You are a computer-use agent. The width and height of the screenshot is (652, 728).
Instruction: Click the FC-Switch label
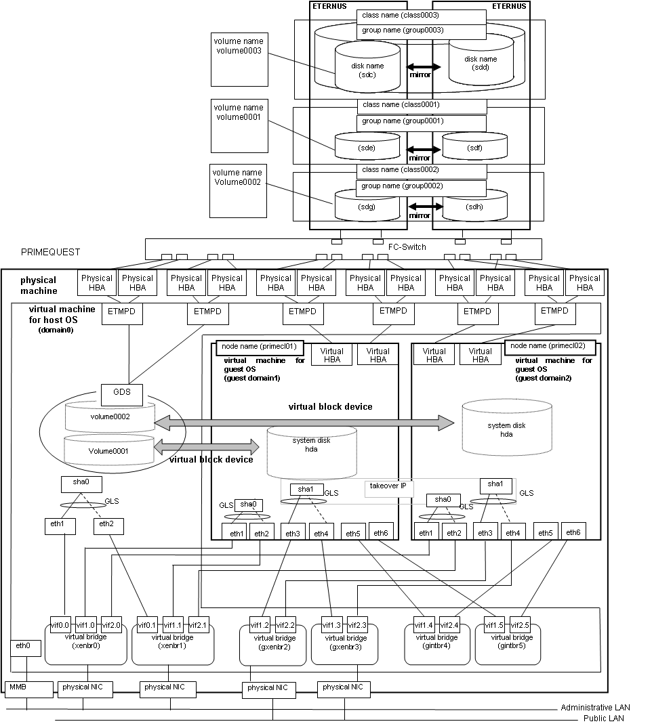pyautogui.click(x=407, y=247)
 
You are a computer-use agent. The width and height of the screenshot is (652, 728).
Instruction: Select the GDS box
pyautogui.click(x=122, y=395)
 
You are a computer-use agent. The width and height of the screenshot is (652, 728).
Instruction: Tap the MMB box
pyautogui.click(x=29, y=689)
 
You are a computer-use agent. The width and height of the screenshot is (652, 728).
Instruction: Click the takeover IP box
pyautogui.click(x=388, y=488)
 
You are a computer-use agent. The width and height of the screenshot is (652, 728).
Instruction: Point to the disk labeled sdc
pyautogui.click(x=367, y=66)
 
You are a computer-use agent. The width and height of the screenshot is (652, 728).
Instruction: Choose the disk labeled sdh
pyautogui.click(x=474, y=205)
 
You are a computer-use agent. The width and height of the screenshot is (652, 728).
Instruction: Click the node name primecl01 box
pyautogui.click(x=260, y=348)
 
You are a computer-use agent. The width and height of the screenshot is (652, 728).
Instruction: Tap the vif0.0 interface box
pyautogui.click(x=60, y=625)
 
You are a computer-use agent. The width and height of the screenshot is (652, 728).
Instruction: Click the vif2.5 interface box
pyautogui.click(x=520, y=625)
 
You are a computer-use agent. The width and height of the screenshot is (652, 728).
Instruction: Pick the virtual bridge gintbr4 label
pyautogui.click(x=437, y=641)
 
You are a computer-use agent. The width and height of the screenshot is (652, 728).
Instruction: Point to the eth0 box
pyautogui.click(x=26, y=647)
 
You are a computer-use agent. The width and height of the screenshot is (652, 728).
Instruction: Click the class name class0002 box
pyautogui.click(x=422, y=171)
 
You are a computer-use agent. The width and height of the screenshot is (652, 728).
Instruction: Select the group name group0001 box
pyautogui.click(x=422, y=123)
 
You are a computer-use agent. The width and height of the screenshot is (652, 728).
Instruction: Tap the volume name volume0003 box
pyautogui.click(x=239, y=60)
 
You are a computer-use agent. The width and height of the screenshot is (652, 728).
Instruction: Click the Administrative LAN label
pyautogui.click(x=595, y=708)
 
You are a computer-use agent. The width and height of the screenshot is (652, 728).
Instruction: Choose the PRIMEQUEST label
pyautogui.click(x=50, y=252)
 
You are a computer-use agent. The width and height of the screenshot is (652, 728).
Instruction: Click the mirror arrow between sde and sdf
pyautogui.click(x=424, y=150)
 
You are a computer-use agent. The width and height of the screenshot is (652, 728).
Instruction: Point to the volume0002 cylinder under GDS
pyautogui.click(x=110, y=417)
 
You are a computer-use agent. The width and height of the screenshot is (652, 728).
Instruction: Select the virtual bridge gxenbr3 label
pyautogui.click(x=346, y=643)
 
